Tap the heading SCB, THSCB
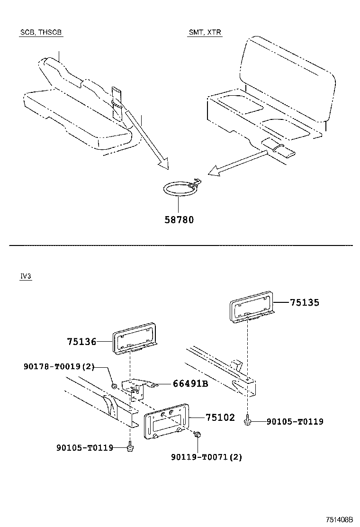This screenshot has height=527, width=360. [41, 33]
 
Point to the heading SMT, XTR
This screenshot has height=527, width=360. [205, 33]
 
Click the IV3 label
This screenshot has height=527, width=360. [26, 277]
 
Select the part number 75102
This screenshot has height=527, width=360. [220, 418]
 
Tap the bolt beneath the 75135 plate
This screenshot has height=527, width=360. [247, 420]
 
